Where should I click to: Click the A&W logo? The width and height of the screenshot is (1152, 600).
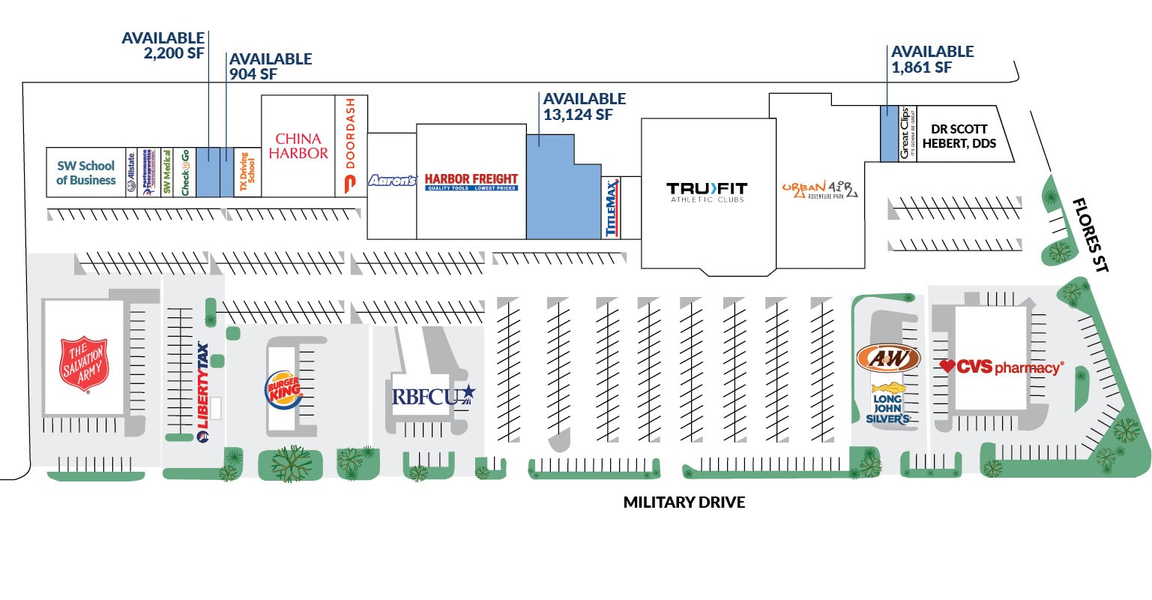pyautogui.click(x=888, y=358)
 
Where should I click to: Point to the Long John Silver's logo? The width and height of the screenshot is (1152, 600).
pyautogui.click(x=888, y=404)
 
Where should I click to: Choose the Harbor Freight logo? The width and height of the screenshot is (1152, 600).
pyautogui.click(x=471, y=181)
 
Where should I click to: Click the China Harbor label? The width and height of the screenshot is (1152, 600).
pyautogui.click(x=298, y=146)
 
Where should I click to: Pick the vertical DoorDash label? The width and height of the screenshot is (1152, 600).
pyautogui.click(x=350, y=145)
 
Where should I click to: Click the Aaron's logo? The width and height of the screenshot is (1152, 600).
pyautogui.click(x=391, y=181)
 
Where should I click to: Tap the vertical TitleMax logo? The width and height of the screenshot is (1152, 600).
pyautogui.click(x=612, y=208)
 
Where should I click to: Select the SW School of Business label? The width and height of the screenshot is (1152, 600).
pyautogui.click(x=86, y=173)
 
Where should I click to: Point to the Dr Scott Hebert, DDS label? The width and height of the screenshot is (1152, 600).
pyautogui.click(x=959, y=136)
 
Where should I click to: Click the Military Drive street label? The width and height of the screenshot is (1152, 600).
pyautogui.click(x=684, y=502)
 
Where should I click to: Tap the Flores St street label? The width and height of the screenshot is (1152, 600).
pyautogui.click(x=1090, y=234)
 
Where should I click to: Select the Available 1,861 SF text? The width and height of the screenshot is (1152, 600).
pyautogui.click(x=932, y=59)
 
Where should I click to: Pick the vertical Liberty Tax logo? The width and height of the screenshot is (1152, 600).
pyautogui.click(x=202, y=391)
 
